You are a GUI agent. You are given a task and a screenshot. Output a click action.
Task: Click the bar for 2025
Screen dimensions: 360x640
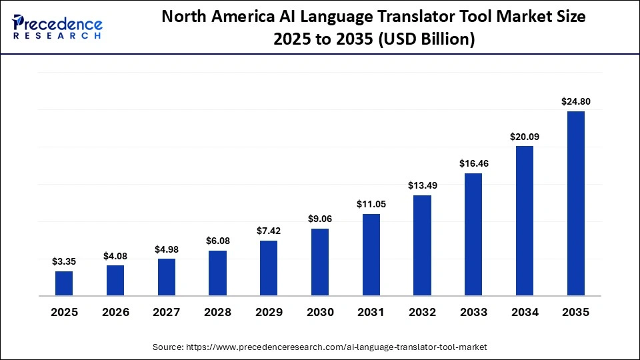(x=64, y=283)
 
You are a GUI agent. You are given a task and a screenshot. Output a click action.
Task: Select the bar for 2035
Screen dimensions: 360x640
(x=576, y=203)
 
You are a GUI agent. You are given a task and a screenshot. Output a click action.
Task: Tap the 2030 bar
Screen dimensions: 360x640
(x=320, y=262)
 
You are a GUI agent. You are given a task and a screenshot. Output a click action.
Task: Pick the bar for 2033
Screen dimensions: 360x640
(x=473, y=234)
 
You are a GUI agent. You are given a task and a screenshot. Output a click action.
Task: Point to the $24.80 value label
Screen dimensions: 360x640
(x=576, y=102)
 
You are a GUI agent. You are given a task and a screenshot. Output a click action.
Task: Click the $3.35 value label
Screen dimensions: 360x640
(x=64, y=262)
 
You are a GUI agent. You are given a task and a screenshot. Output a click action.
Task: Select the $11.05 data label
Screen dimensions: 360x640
(x=371, y=204)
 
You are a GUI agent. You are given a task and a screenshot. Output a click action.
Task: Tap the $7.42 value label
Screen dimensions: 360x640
(x=269, y=231)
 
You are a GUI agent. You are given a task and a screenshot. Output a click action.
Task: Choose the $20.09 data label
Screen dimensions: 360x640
(x=525, y=137)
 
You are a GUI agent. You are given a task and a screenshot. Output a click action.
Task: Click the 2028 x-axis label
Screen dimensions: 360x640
(x=217, y=312)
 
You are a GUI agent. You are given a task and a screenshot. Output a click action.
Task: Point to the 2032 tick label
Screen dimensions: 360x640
(x=422, y=312)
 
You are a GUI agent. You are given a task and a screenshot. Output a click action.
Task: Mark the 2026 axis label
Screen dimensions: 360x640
(x=115, y=312)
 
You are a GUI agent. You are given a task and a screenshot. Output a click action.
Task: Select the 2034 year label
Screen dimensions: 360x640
(x=525, y=312)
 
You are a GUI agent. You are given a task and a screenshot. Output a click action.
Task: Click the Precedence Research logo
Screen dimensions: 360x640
(x=57, y=27)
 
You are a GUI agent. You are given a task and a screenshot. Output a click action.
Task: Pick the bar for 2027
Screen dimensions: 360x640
(x=167, y=277)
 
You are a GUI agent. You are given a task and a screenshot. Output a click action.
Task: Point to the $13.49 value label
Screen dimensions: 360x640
(x=422, y=185)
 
